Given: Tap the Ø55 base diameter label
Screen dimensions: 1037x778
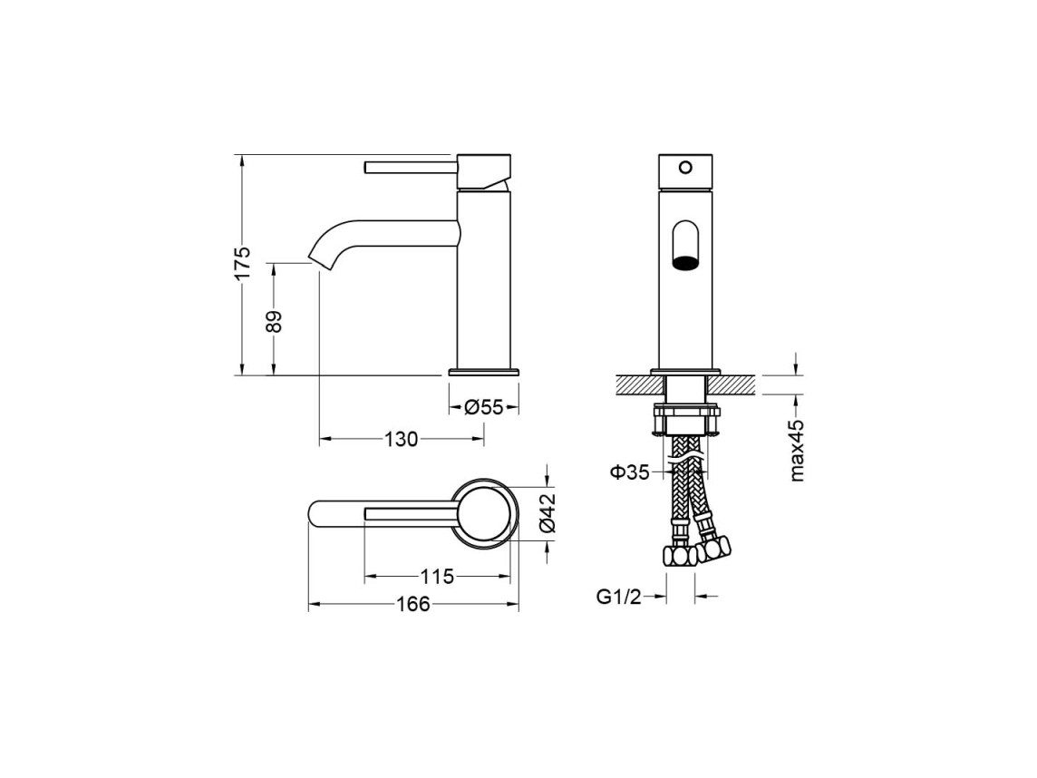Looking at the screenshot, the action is (x=483, y=407).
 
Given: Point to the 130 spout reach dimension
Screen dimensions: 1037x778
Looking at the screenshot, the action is (x=402, y=439).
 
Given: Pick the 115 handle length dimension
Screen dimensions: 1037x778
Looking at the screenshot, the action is (x=438, y=577).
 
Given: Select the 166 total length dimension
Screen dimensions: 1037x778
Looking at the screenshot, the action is (x=413, y=604).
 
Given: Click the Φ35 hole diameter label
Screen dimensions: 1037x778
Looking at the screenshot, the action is (x=629, y=472).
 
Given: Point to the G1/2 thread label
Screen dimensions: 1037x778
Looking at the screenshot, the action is (x=618, y=598).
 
